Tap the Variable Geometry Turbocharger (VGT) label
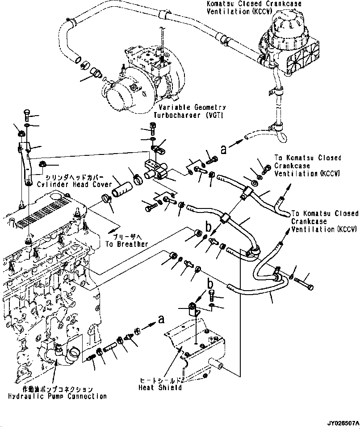[190, 111]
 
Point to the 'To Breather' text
[126, 244]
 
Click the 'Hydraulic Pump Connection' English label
[58, 396]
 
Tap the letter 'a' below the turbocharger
[223, 150]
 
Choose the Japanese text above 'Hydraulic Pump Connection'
[58, 388]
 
